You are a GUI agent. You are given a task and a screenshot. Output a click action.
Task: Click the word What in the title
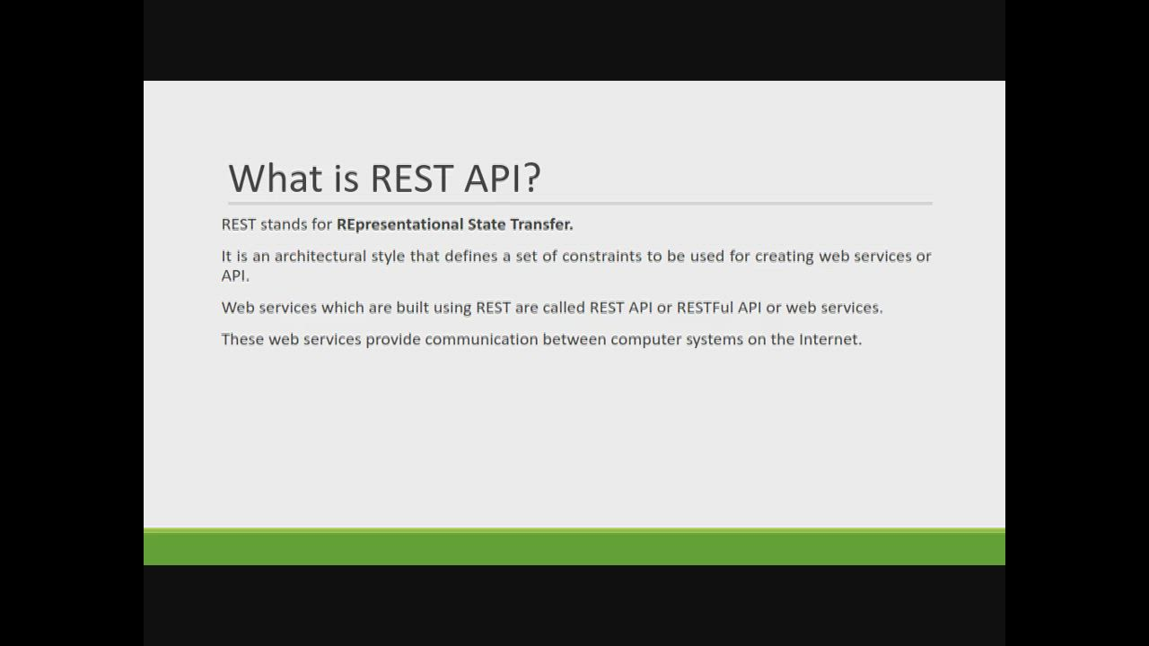tap(276, 178)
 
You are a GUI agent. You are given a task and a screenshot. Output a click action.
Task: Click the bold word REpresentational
tap(400, 224)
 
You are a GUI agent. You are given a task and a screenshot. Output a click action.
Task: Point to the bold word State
tap(487, 224)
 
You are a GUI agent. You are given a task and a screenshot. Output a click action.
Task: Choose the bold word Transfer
tap(541, 224)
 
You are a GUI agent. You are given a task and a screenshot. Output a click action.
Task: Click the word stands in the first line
tap(284, 224)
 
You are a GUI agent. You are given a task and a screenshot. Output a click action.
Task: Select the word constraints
tap(601, 256)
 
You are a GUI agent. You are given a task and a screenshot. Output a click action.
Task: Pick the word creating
tap(785, 257)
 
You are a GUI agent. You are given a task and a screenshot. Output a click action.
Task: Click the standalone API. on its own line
tap(235, 275)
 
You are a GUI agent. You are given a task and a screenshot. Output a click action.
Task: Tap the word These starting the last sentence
tap(242, 339)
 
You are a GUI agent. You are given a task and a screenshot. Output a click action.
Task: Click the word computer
tap(646, 340)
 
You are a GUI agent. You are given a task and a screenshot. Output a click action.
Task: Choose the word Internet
tap(830, 339)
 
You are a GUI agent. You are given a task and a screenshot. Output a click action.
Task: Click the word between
tap(574, 339)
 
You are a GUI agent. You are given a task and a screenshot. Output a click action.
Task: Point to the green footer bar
tap(574, 546)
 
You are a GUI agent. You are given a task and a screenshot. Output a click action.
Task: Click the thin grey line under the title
tap(580, 204)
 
